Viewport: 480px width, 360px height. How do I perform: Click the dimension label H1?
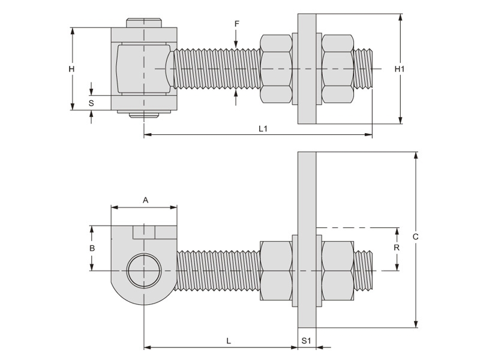(x=400, y=69)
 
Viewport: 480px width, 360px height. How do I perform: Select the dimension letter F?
(x=237, y=23)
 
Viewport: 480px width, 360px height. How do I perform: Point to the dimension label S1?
(x=306, y=341)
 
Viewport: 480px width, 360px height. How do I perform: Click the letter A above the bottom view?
(x=145, y=200)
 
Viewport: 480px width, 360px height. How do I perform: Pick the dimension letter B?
(x=92, y=248)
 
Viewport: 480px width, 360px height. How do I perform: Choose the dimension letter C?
(x=415, y=237)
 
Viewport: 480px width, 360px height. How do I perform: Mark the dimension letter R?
(x=397, y=247)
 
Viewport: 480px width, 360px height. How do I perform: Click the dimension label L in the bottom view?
(x=229, y=341)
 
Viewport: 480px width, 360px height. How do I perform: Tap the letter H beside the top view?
(x=71, y=69)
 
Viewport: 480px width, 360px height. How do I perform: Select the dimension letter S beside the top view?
(x=91, y=103)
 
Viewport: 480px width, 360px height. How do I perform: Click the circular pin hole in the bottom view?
(x=144, y=270)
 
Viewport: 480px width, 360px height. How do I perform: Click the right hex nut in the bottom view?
(x=337, y=270)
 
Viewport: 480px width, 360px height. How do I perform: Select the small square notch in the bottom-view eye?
(x=144, y=231)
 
